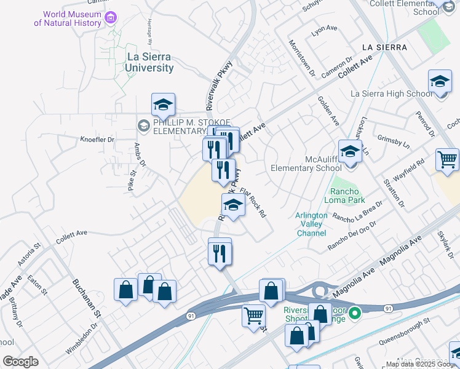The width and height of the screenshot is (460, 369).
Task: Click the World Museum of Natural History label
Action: coord(68,18)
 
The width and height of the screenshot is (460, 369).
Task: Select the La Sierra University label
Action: coord(149,62)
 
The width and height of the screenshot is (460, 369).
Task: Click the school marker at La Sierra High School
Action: coord(440,82)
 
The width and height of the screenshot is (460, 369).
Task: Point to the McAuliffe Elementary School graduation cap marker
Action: coord(350,151)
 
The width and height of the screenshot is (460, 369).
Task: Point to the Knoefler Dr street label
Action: coord(97,140)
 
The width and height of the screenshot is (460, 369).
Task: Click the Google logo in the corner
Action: coord(20,361)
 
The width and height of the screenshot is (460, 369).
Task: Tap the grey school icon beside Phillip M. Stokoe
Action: coord(143,126)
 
